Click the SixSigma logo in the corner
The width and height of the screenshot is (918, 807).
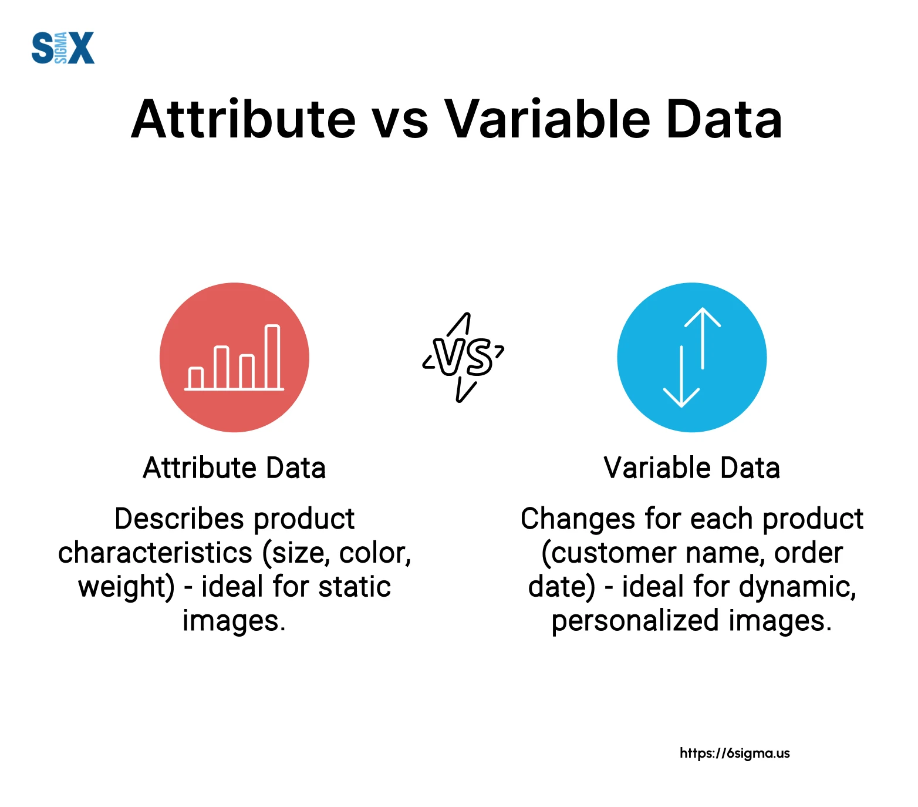[63, 48]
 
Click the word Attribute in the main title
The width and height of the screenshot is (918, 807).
[243, 120]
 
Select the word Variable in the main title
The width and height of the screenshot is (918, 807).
[548, 120]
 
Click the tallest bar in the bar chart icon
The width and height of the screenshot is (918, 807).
[272, 357]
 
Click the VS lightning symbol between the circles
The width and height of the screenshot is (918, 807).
[464, 357]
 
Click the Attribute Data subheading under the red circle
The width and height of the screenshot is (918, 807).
[234, 468]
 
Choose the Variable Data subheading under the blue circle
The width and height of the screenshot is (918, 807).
[691, 468]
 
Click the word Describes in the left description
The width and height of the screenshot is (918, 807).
[179, 519]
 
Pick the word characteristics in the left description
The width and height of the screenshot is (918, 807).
[155, 553]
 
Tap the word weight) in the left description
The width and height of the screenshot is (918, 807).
[126, 587]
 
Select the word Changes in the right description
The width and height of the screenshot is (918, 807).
[578, 519]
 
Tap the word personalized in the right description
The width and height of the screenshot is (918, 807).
[635, 621]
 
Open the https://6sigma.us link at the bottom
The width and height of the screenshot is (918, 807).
[734, 753]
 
